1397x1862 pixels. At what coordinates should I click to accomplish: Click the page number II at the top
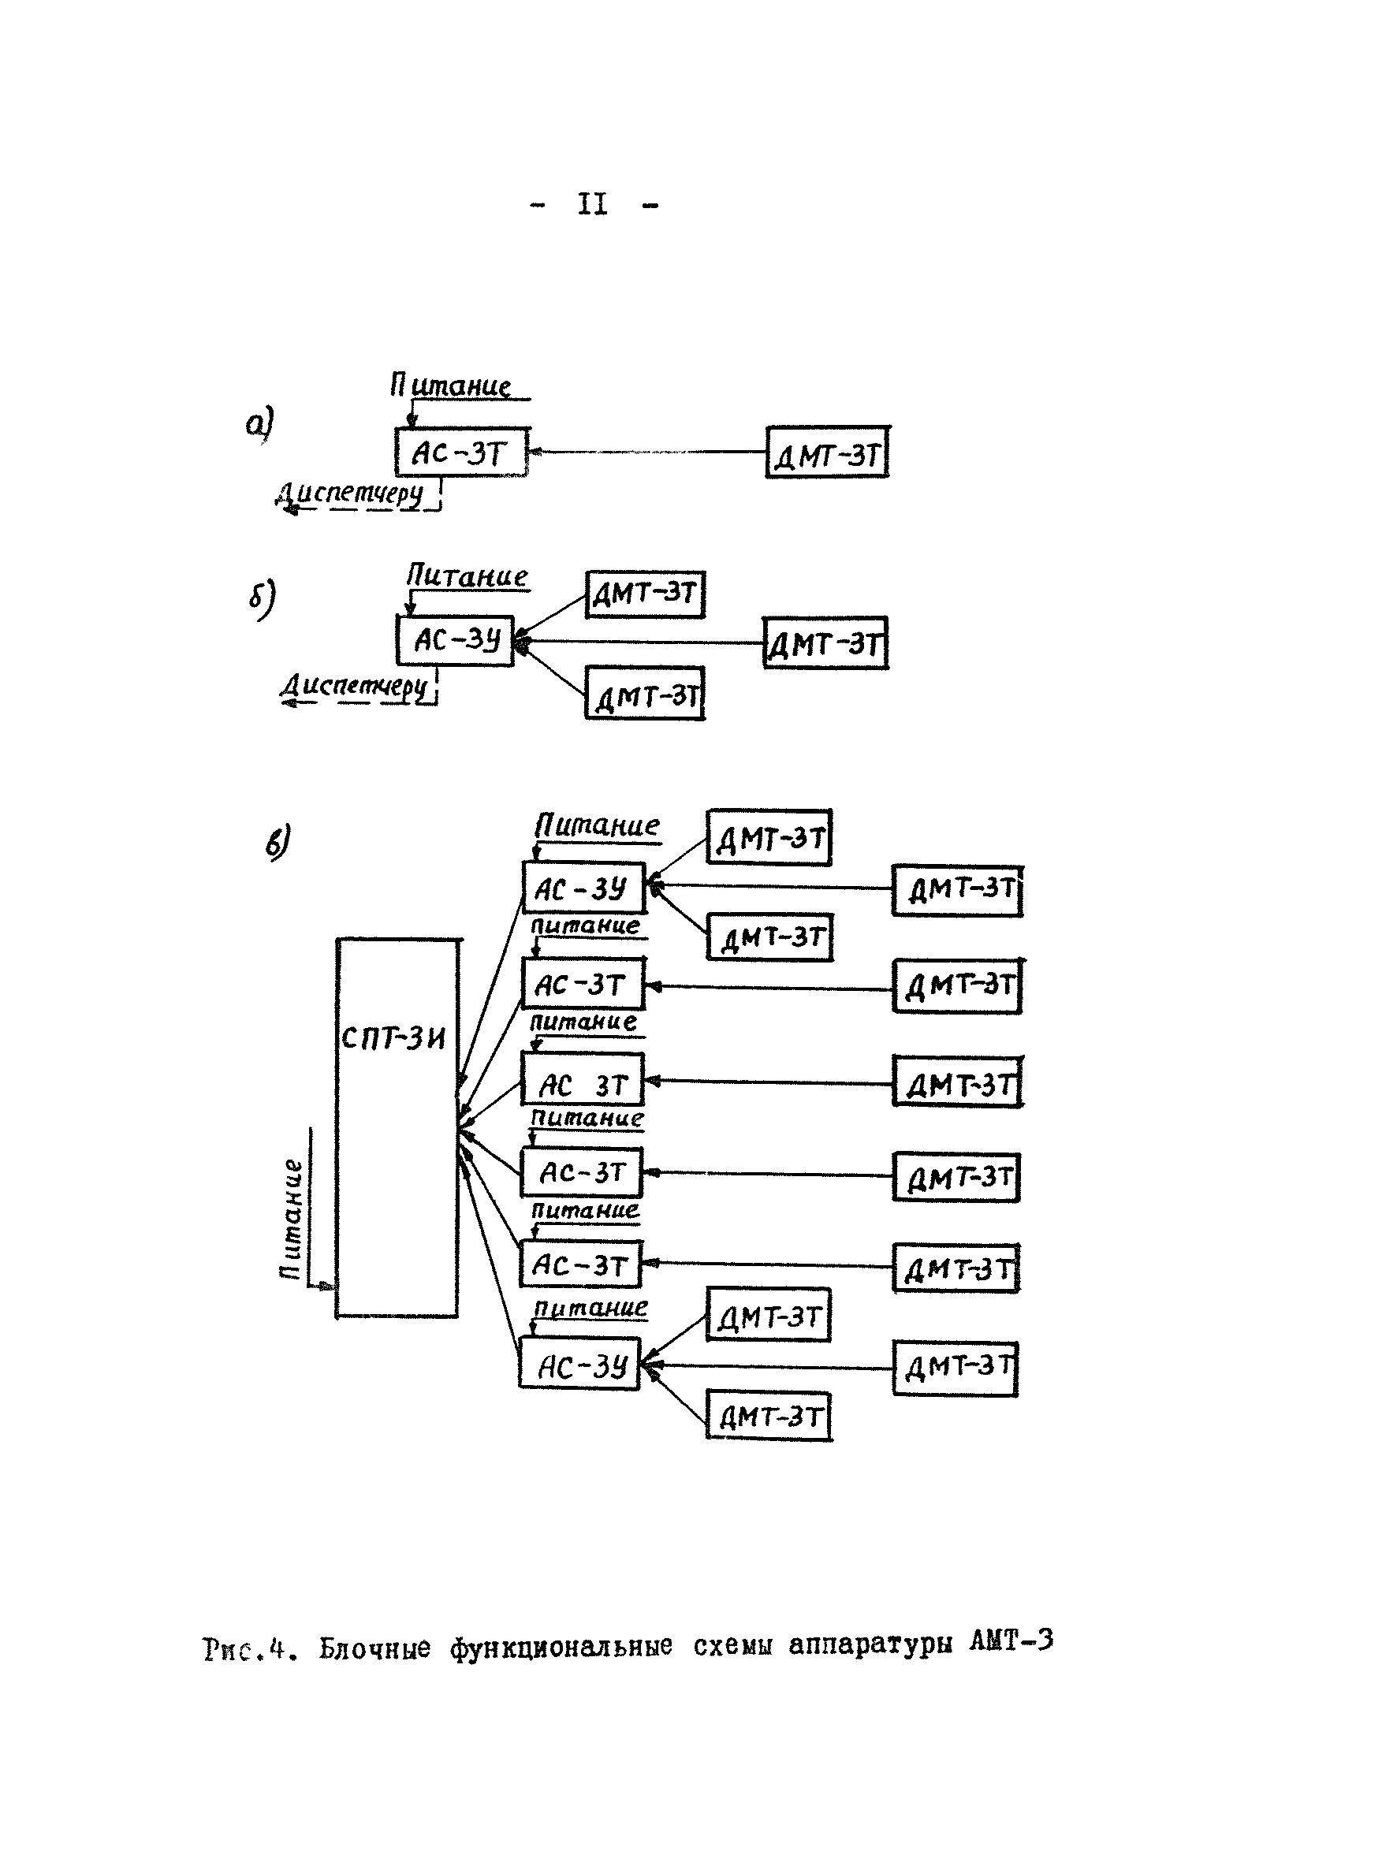[592, 203]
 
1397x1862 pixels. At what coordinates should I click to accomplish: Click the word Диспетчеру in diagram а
[349, 492]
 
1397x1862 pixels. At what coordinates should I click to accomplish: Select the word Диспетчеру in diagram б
[355, 684]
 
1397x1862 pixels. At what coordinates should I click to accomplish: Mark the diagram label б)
[262, 598]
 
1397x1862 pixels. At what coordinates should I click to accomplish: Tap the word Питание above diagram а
[450, 385]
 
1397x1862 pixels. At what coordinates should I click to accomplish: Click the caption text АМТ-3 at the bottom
[1011, 1640]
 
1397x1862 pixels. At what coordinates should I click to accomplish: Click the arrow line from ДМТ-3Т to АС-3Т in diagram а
[646, 452]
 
